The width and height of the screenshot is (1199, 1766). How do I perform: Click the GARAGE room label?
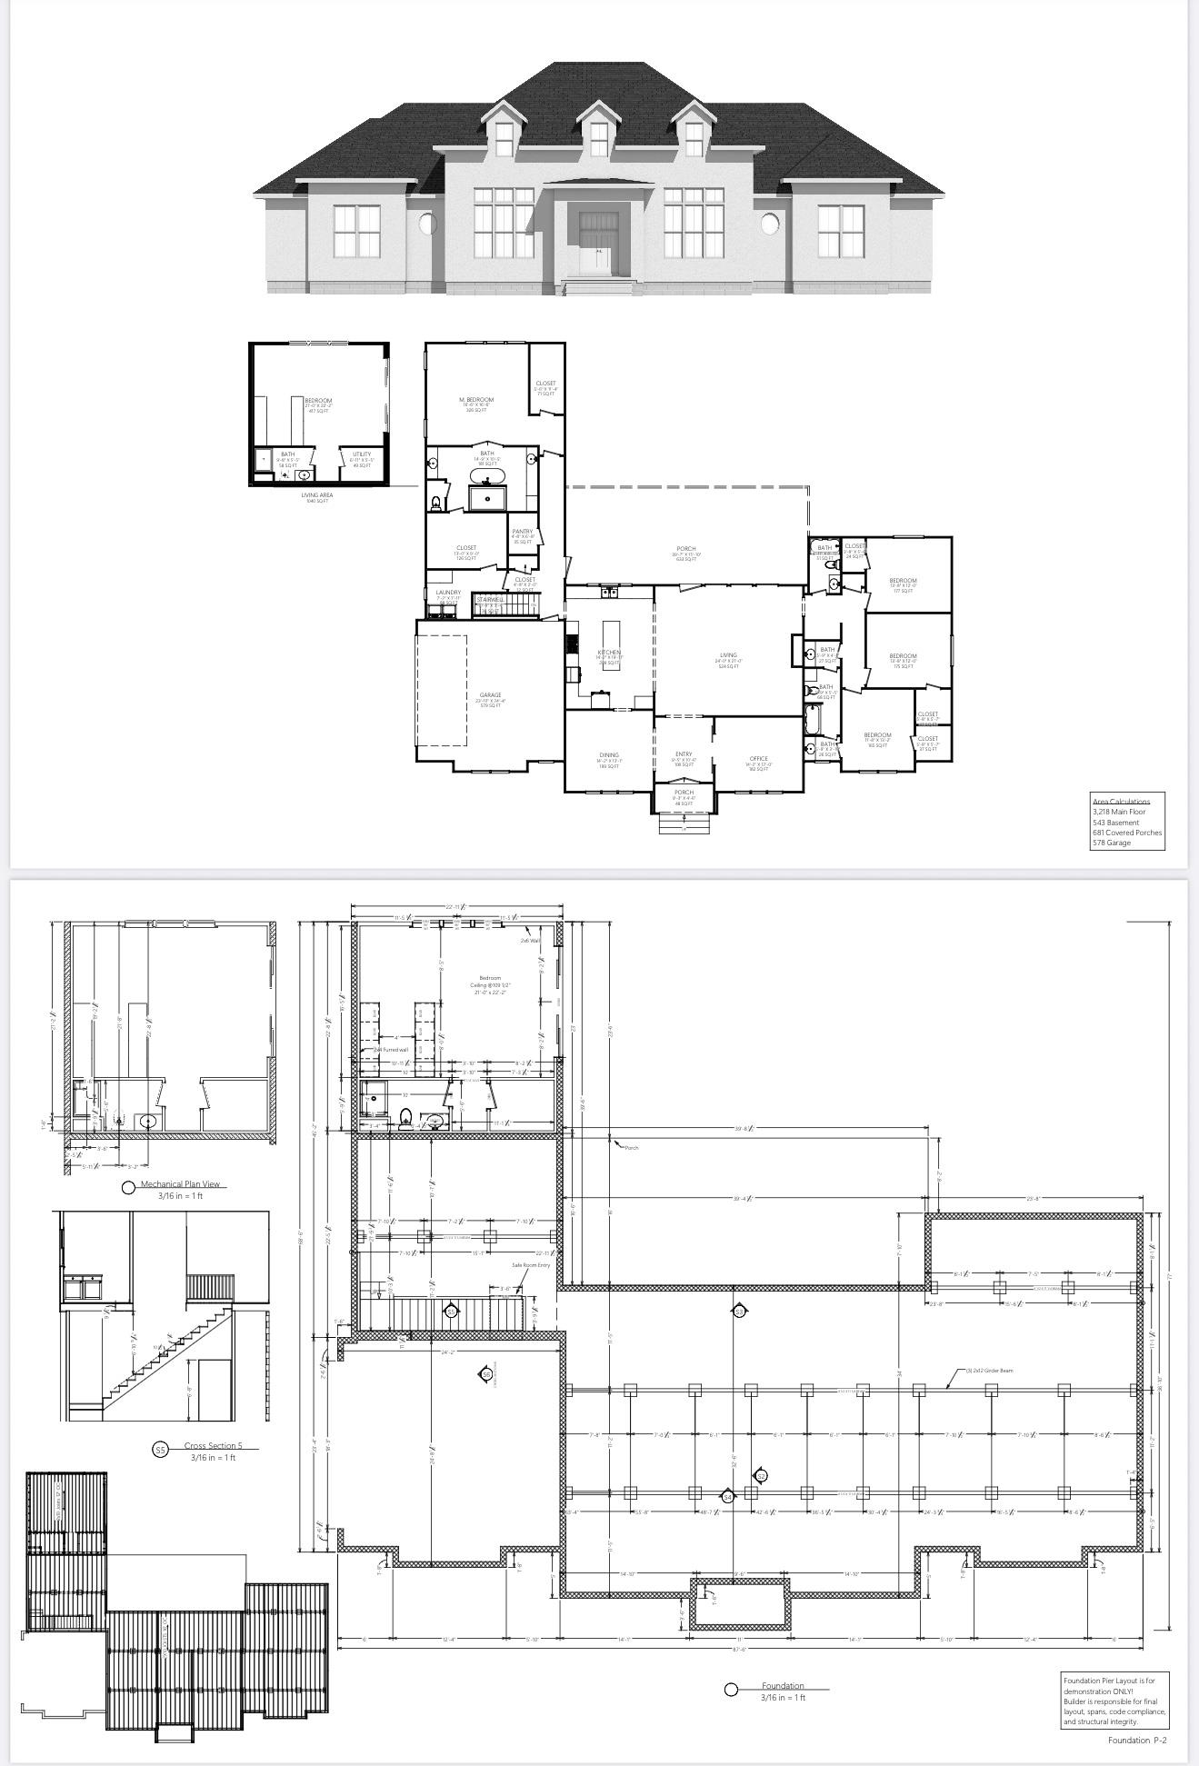(x=491, y=695)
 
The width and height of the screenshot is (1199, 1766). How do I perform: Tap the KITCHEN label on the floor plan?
(x=609, y=653)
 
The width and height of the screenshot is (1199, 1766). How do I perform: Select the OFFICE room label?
(x=759, y=758)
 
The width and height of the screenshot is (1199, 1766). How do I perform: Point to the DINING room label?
(x=609, y=755)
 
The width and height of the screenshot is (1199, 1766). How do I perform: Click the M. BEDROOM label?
(x=476, y=400)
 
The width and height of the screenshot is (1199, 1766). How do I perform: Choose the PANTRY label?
(x=523, y=532)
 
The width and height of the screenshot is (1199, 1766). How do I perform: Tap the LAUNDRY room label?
(x=448, y=593)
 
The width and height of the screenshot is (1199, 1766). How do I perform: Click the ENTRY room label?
(x=684, y=754)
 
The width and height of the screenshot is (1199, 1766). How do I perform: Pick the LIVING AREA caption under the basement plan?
(x=317, y=495)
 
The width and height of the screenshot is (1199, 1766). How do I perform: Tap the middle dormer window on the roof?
(x=598, y=138)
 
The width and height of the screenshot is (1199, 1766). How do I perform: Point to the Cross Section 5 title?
(x=214, y=1445)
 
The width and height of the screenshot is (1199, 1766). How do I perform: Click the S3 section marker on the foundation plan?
(x=739, y=1312)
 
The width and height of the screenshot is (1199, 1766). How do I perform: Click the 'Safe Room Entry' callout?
(x=531, y=1264)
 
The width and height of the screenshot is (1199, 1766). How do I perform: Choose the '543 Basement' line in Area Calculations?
(x=1116, y=823)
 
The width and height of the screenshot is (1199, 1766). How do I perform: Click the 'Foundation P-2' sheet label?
(x=1137, y=1741)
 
